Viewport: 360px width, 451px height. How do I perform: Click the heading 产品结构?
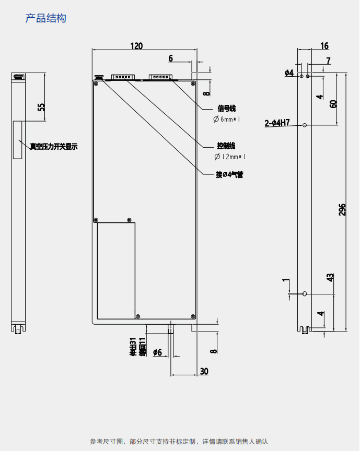pos(46,18)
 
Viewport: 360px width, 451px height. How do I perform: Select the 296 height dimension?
pos(343,209)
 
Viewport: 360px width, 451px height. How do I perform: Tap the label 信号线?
pos(226,109)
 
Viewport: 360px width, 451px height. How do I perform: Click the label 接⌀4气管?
pos(229,175)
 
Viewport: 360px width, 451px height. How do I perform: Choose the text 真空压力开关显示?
pos(53,147)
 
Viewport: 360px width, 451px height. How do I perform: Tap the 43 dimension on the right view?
pos(330,277)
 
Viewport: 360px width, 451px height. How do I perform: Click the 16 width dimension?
pos(324,46)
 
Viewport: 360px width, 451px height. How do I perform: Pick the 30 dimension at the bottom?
pos(204,371)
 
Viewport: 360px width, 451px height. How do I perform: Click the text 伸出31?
pos(133,347)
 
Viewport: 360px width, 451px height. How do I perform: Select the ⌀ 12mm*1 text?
pos(229,157)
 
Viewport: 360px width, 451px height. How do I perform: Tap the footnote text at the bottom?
pos(179,442)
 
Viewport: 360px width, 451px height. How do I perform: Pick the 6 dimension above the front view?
pos(170,58)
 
